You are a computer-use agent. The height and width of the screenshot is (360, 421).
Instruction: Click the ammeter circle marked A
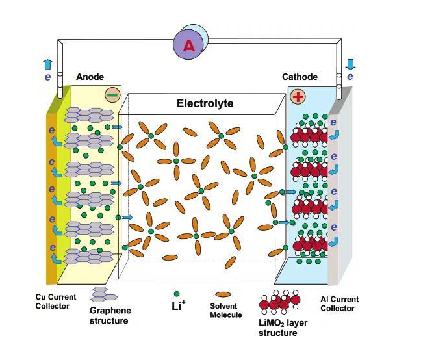[x=189, y=44]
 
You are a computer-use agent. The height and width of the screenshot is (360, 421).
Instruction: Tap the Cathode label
[x=300, y=77]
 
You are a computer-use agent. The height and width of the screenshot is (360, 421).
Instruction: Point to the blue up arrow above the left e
[x=47, y=64]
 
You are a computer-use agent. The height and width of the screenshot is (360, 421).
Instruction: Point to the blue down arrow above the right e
[x=351, y=64]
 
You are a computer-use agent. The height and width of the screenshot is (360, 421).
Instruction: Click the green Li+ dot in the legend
[x=176, y=294]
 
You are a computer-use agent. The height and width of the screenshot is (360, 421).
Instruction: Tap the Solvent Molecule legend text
[x=226, y=310]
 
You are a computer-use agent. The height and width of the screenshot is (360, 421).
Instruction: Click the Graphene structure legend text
[x=109, y=315]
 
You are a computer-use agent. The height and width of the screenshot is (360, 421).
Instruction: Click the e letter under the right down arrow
[x=350, y=76]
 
